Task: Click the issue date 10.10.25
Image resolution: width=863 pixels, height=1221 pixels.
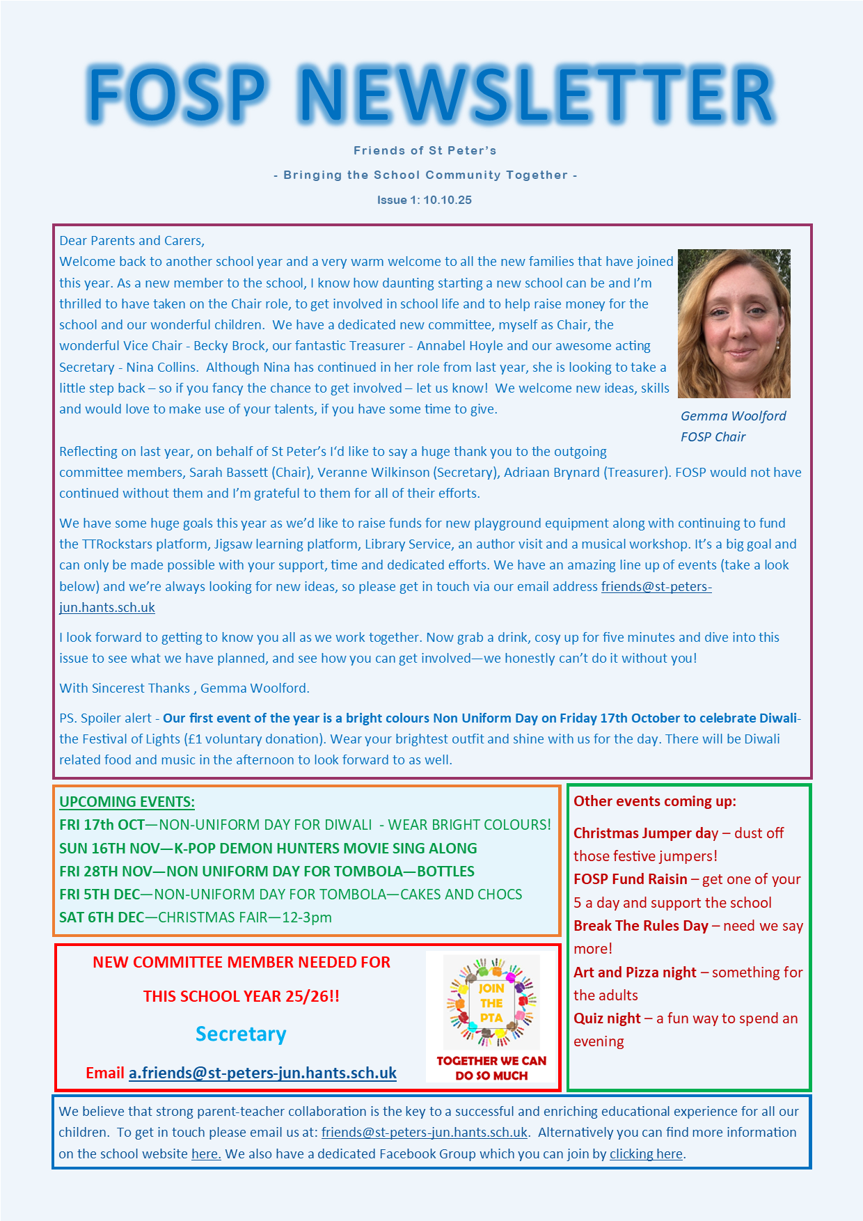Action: click(448, 200)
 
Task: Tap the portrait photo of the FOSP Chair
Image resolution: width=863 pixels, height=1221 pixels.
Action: click(734, 324)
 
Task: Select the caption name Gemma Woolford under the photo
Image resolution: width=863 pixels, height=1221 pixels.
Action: click(733, 416)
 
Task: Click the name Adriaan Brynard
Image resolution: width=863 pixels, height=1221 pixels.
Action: click(551, 472)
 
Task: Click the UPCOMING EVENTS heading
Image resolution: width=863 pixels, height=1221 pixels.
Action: click(127, 801)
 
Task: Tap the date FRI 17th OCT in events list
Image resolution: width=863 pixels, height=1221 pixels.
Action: click(102, 825)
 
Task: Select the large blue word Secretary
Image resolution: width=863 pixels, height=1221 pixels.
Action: click(241, 1034)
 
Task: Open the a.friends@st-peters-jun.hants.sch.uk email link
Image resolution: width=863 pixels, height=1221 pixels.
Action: click(262, 1073)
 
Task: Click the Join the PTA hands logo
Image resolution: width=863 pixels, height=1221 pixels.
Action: click(491, 1003)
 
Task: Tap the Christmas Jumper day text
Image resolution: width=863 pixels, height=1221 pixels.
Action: click(645, 833)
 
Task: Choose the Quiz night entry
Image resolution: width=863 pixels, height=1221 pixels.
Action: click(607, 1018)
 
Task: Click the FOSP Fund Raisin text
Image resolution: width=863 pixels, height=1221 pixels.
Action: click(630, 879)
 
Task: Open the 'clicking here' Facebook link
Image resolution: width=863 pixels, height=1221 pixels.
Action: click(646, 1153)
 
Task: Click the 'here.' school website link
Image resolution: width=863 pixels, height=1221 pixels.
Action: click(206, 1153)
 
